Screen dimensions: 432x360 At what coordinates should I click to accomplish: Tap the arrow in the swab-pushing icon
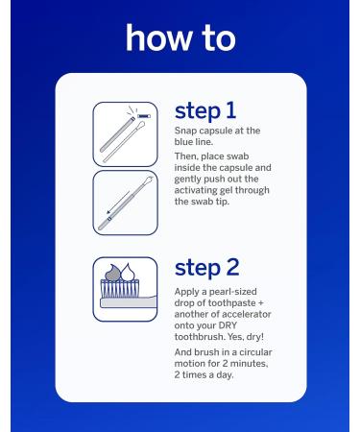point(118,203)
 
